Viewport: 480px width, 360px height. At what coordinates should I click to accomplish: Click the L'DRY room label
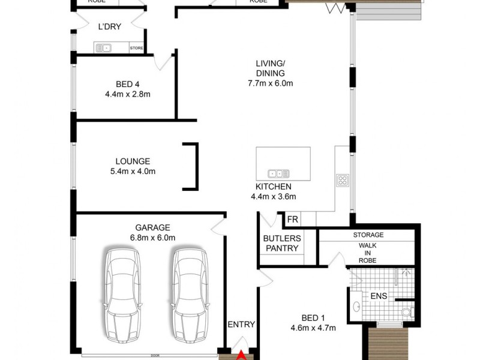110,26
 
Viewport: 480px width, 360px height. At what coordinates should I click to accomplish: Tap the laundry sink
103,47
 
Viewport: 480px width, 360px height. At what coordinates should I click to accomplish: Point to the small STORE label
137,48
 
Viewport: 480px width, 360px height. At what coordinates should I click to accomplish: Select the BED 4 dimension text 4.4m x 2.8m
127,94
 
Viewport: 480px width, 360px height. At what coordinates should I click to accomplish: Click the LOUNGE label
133,161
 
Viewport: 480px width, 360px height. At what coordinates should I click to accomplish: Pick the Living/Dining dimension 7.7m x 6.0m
271,83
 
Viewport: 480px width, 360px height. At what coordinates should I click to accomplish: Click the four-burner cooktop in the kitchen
343,180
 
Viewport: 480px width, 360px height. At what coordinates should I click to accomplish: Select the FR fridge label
292,220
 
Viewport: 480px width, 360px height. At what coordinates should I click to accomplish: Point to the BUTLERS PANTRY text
281,243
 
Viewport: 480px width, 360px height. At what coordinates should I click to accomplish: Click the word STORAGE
368,235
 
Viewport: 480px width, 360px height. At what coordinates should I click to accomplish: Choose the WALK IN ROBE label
368,253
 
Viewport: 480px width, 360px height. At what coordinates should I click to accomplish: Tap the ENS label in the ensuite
379,296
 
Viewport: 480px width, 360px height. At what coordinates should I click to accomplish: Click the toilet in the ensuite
407,311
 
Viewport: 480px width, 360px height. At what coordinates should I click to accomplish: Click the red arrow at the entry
242,356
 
